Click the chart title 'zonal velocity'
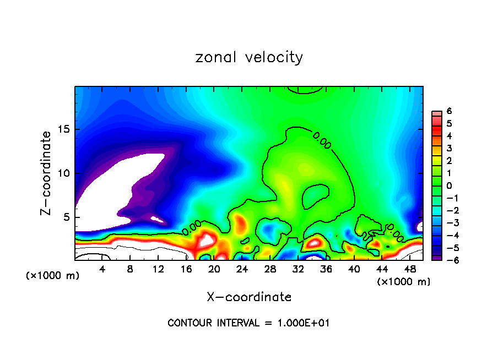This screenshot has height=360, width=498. click(249, 57)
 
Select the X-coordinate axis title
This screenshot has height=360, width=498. click(249, 297)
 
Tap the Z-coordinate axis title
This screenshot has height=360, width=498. click(47, 173)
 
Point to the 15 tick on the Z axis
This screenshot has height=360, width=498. click(65, 129)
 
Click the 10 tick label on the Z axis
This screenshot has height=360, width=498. click(65, 173)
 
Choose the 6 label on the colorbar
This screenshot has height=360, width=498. click(449, 111)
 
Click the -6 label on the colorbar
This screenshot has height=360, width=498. click(447, 260)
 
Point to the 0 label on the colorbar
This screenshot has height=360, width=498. click(449, 186)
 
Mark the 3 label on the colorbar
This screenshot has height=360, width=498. click(449, 148)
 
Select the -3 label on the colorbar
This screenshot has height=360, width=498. click(447, 223)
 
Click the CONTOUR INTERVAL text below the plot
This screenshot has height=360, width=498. click(249, 323)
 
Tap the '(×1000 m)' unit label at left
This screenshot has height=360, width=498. click(53, 275)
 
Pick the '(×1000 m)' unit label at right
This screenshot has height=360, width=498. click(404, 282)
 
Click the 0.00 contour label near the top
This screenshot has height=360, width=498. click(322, 140)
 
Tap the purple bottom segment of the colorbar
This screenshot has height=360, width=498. click(436, 257)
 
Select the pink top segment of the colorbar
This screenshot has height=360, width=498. click(436, 113)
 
